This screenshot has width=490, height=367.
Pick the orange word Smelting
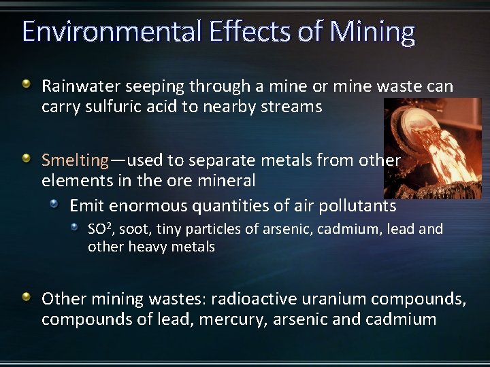point(75,160)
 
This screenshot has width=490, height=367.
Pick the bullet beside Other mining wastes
point(26,297)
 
